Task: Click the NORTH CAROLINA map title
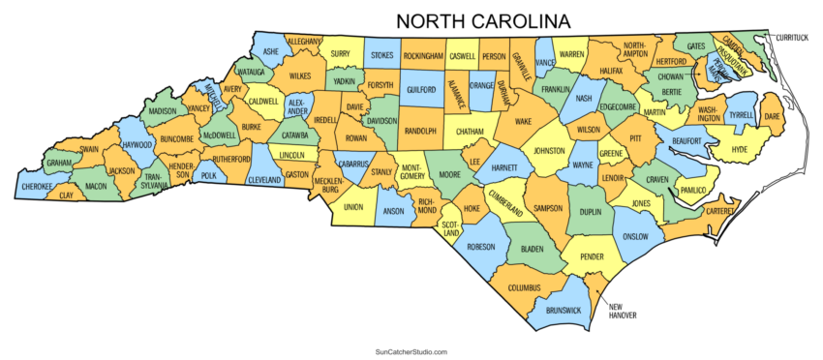click(x=481, y=20)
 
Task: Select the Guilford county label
click(x=421, y=89)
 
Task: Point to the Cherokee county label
click(x=39, y=186)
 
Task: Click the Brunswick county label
click(x=564, y=310)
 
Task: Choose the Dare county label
click(x=772, y=116)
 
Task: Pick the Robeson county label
click(x=481, y=247)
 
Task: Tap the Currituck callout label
click(x=791, y=37)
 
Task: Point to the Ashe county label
click(x=271, y=50)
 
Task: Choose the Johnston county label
click(x=549, y=151)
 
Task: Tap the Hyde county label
click(x=740, y=149)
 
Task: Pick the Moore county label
click(x=449, y=175)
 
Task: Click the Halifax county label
click(x=604, y=71)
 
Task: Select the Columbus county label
click(x=523, y=288)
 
